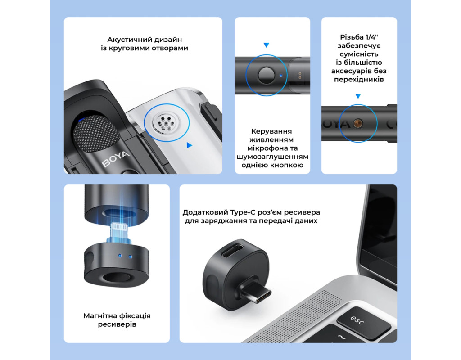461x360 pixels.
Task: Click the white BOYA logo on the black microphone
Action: pos(116,159)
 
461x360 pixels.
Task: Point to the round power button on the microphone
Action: pos(266,75)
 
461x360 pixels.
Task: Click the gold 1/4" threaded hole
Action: pos(358,123)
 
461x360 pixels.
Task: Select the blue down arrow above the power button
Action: pos(267,45)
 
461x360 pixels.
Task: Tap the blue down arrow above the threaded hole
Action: pos(358,96)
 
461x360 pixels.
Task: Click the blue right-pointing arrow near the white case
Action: pos(190,145)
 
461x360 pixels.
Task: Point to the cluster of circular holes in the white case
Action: pos(167,123)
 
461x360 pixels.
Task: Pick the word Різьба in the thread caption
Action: pos(351,37)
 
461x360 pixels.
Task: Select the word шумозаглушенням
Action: pos(272,157)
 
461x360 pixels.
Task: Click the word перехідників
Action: pos(359,79)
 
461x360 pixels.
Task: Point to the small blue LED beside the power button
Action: pos(281,76)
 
